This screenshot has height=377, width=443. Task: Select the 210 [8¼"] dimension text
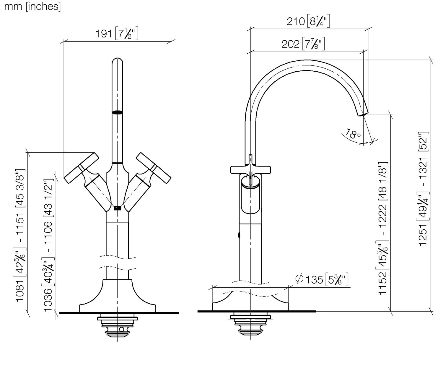tap(308, 21)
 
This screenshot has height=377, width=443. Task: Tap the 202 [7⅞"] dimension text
tap(303, 44)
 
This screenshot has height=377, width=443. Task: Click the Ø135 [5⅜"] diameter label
tap(322, 279)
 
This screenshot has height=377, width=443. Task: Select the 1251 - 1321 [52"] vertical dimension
tap(423, 188)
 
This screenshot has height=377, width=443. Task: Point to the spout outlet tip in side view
tap(363, 113)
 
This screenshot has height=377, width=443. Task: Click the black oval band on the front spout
tap(118, 112)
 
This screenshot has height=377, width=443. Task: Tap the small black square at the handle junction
tap(118, 208)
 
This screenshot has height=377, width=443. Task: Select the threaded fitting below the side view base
tap(250, 324)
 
